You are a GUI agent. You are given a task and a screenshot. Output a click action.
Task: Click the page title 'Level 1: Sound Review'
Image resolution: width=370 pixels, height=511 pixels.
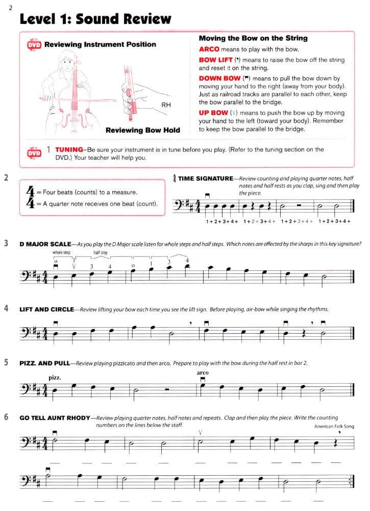(x=95, y=19)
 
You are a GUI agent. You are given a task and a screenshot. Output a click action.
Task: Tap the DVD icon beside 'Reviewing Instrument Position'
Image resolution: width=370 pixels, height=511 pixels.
(x=34, y=45)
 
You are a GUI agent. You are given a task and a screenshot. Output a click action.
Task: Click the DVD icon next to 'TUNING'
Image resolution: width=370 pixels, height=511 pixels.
(x=34, y=153)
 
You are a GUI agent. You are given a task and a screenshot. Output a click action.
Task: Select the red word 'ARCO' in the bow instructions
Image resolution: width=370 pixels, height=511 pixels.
(x=209, y=50)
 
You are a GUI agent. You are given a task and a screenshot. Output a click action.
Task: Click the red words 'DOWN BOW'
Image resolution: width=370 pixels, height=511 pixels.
(x=219, y=79)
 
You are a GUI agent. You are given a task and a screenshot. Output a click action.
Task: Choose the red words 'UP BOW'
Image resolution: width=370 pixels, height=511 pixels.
(x=213, y=113)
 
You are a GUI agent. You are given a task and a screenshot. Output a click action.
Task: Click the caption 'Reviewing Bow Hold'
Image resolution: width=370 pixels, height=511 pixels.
(x=142, y=130)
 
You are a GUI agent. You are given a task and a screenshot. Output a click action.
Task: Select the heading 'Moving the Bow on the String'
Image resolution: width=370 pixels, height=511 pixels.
(x=253, y=38)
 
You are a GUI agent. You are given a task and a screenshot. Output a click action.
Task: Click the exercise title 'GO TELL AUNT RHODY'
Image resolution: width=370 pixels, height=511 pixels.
(x=54, y=417)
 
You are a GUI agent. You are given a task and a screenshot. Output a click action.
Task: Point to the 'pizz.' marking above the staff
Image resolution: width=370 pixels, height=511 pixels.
(x=55, y=378)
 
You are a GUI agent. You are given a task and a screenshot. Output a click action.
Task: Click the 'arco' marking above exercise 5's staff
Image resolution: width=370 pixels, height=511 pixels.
(x=203, y=373)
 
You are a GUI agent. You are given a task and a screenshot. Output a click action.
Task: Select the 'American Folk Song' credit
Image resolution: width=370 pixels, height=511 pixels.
(x=334, y=426)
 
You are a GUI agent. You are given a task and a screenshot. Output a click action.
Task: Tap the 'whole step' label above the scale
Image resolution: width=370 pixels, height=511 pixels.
(x=61, y=252)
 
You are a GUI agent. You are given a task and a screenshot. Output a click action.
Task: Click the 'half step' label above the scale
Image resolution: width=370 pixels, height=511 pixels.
(x=100, y=252)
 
